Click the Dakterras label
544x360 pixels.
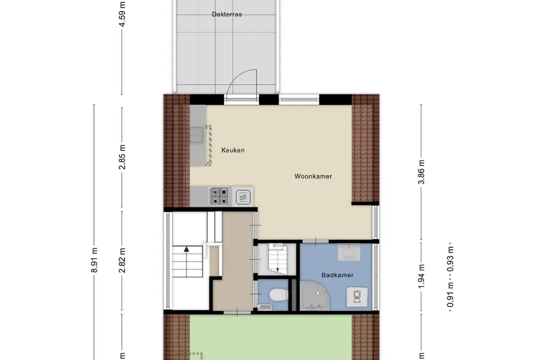pyautogui.click(x=227, y=14)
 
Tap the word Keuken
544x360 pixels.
pyautogui.click(x=233, y=150)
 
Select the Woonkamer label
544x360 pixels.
pyautogui.click(x=313, y=176)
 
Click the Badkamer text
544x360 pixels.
pyautogui.click(x=337, y=275)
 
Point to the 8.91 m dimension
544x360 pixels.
pyautogui.click(x=94, y=260)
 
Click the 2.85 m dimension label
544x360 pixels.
pyautogui.click(x=122, y=157)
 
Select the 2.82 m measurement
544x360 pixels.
pyautogui.click(x=122, y=260)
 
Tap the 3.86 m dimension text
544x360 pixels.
pyautogui.click(x=421, y=172)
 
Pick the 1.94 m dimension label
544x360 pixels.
pyautogui.click(x=421, y=276)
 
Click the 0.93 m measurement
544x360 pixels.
pyautogui.click(x=450, y=259)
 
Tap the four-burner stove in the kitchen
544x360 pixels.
pyautogui.click(x=219, y=196)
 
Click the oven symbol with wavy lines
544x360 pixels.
pyautogui.click(x=243, y=197)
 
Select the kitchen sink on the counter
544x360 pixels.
pyautogui.click(x=197, y=135)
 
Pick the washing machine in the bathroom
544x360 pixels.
pyautogui.click(x=357, y=297)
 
